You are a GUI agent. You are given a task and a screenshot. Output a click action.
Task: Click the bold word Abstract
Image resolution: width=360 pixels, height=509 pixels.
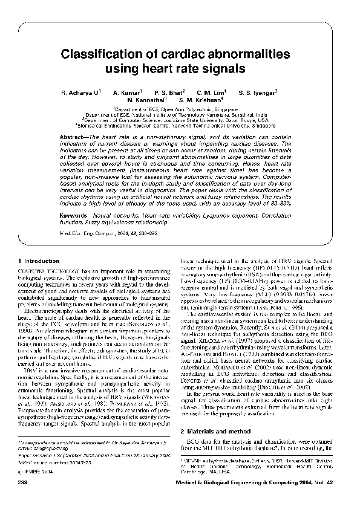pyautogui.click(x=73, y=138)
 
